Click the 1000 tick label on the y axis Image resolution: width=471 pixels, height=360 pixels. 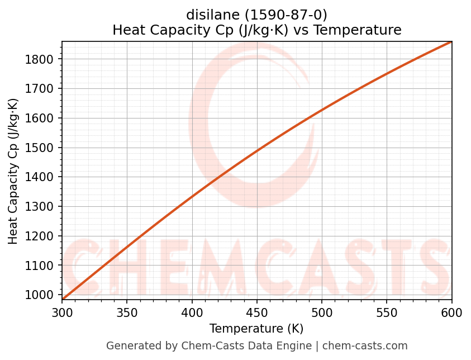point(42,295)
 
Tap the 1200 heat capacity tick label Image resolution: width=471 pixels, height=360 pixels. point(42,236)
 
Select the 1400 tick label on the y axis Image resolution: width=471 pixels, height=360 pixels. point(42,177)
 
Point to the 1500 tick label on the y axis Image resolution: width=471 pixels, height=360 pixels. point(42,148)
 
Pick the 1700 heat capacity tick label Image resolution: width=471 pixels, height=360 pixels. point(42,89)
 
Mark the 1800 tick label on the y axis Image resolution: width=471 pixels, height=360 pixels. point(42,59)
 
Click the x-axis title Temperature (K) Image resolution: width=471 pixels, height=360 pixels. point(256,329)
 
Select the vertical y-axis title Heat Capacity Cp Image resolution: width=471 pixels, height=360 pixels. point(13,170)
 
